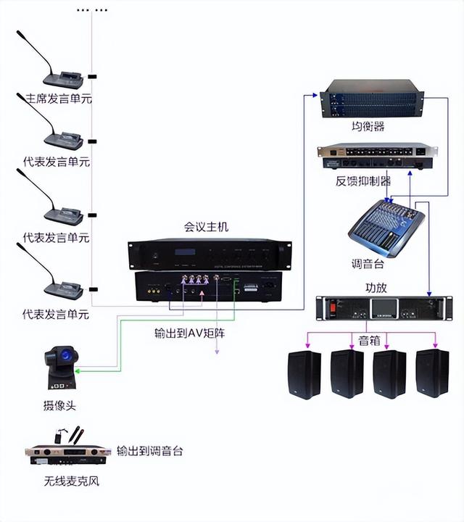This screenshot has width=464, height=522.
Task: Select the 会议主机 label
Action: [x=206, y=227]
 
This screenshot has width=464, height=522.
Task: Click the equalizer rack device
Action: [x=373, y=100]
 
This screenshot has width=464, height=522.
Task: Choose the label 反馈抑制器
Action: [x=363, y=181]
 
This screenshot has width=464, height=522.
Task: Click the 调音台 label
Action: [x=367, y=263]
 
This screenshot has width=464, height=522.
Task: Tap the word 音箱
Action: [x=370, y=339]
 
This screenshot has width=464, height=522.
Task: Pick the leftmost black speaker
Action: [x=304, y=373]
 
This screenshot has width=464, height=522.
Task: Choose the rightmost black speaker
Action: [x=433, y=373]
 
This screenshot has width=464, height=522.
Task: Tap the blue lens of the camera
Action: [x=69, y=355]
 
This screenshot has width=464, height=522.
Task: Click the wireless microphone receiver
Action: [x=67, y=454]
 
